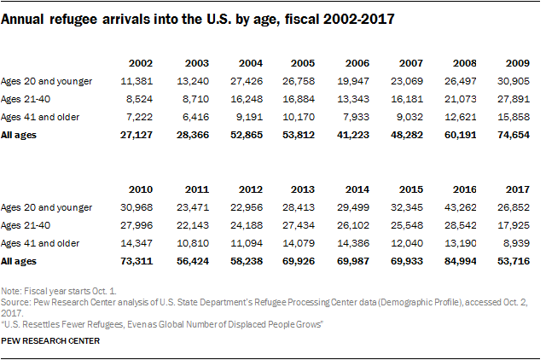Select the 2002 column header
[x=141, y=62]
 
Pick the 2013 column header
[x=301, y=189]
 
